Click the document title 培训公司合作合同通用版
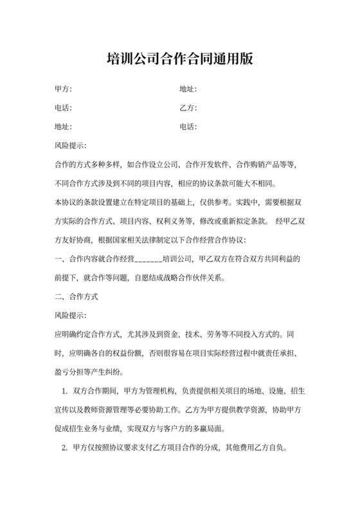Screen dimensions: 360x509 [179, 59]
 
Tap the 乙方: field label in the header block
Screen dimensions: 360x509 [188, 107]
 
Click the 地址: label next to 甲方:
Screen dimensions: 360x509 [188, 89]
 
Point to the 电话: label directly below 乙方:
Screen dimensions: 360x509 [188, 126]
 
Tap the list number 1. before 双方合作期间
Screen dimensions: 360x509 [64, 391]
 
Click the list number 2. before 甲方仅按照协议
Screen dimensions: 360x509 [64, 448]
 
